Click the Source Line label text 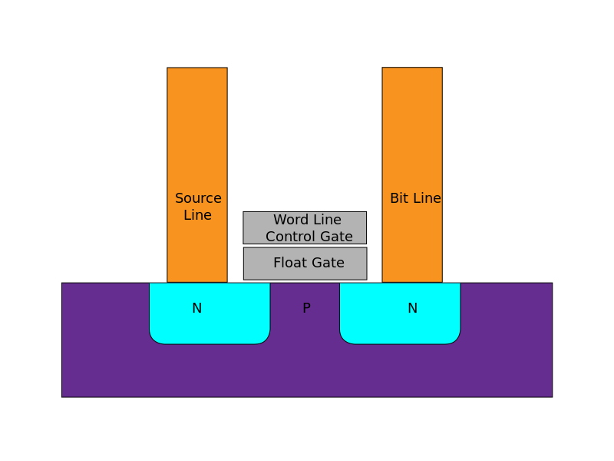click(x=198, y=207)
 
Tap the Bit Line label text click(x=415, y=198)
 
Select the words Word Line click(x=307, y=221)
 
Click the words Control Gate click(x=309, y=237)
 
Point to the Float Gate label click(x=309, y=263)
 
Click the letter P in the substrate click(x=306, y=308)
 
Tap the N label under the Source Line click(x=196, y=308)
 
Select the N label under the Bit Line click(x=412, y=308)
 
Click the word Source click(x=198, y=198)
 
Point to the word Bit click(x=399, y=198)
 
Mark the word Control click(x=286, y=237)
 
